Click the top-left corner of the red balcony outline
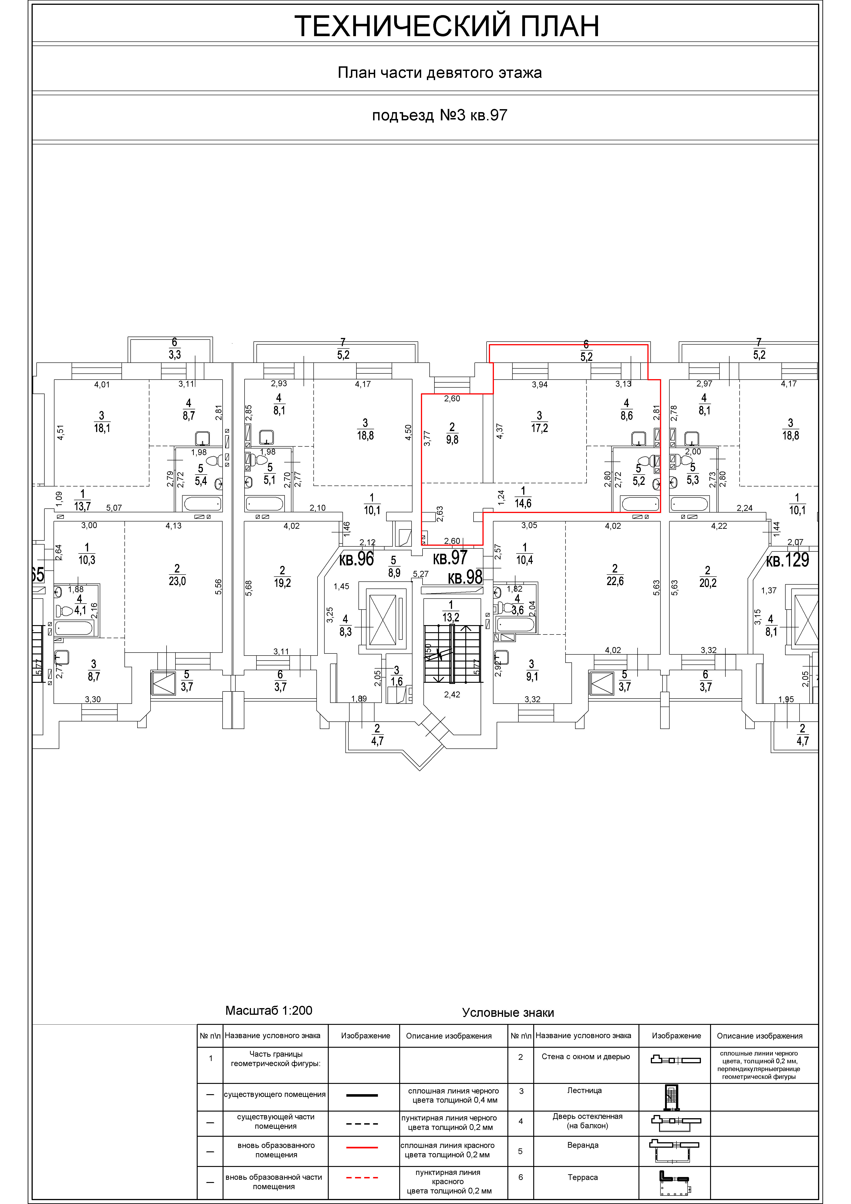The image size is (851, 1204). (x=489, y=345)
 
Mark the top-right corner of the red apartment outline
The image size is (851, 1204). (x=660, y=380)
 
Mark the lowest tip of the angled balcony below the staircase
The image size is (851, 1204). (x=420, y=770)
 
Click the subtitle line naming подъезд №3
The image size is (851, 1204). (x=439, y=115)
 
